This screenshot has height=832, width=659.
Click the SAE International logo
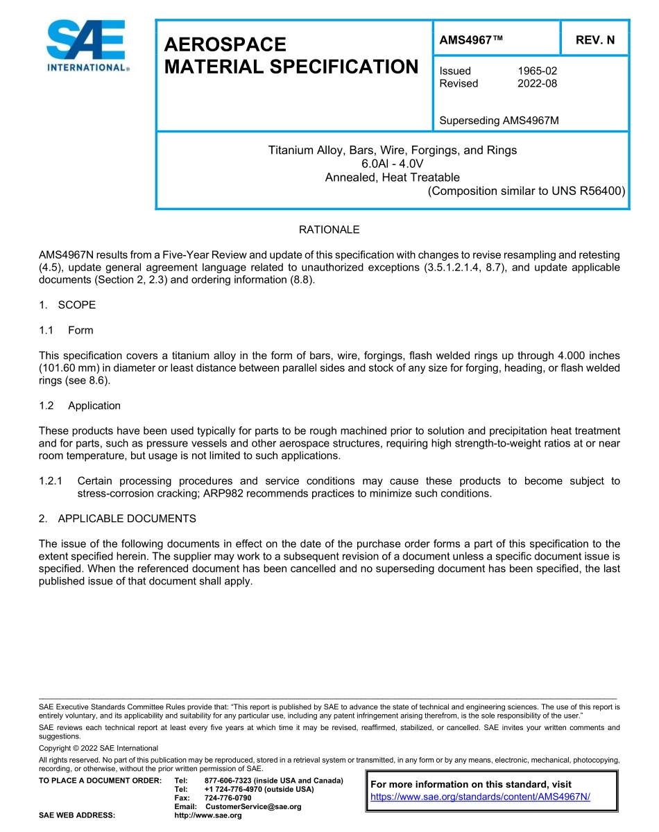click(x=86, y=46)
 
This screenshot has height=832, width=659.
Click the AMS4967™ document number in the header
click(x=471, y=40)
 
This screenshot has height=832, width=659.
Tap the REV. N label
click(x=594, y=40)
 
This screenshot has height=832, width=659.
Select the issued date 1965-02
click(x=537, y=71)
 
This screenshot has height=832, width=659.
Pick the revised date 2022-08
click(x=537, y=83)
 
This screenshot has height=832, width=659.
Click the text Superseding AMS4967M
click(x=499, y=121)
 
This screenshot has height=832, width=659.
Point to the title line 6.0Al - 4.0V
click(x=392, y=164)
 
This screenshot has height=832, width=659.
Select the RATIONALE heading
click(x=329, y=229)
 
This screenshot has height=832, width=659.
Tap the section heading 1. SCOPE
click(x=67, y=305)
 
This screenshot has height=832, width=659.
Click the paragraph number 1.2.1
click(x=51, y=481)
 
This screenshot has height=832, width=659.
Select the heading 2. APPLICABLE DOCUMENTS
click(x=117, y=519)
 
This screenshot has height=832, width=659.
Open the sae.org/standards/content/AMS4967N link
click(x=480, y=797)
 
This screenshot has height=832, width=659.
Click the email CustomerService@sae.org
click(x=253, y=806)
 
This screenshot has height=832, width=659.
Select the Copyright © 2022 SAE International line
click(x=99, y=748)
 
